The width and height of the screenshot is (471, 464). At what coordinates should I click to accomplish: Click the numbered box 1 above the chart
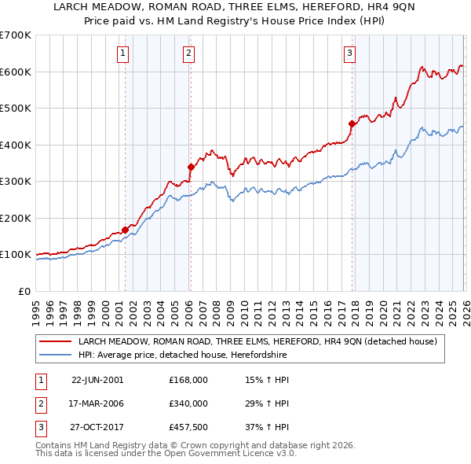124,53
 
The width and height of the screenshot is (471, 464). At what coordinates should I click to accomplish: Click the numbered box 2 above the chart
190,53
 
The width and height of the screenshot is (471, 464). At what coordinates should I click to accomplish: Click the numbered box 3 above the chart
349,53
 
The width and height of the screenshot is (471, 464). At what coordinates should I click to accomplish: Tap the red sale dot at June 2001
125,230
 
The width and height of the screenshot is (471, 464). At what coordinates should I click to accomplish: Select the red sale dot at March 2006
190,167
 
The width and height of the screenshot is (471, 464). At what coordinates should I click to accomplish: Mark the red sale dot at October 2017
352,123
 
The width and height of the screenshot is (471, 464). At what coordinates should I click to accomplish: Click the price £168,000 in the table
188,379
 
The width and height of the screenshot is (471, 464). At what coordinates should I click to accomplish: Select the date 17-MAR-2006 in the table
97,403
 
